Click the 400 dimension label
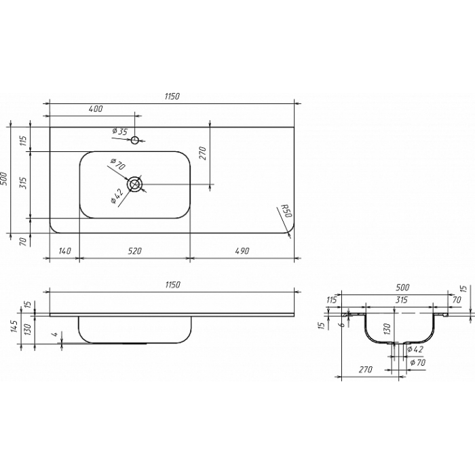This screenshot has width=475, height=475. coord(96,109)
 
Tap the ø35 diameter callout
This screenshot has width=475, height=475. coord(119,132)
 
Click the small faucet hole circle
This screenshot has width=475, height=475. coord(135,140)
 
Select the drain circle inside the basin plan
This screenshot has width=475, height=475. coord(135,184)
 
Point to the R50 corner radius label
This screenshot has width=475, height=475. coord(286,211)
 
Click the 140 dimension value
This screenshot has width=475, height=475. coord(64,251)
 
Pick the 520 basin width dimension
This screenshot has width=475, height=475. coord(135,251)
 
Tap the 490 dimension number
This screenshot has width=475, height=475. coord(242,251)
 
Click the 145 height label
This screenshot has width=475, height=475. coord(14,326)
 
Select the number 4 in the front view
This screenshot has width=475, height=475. coord(55,335)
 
